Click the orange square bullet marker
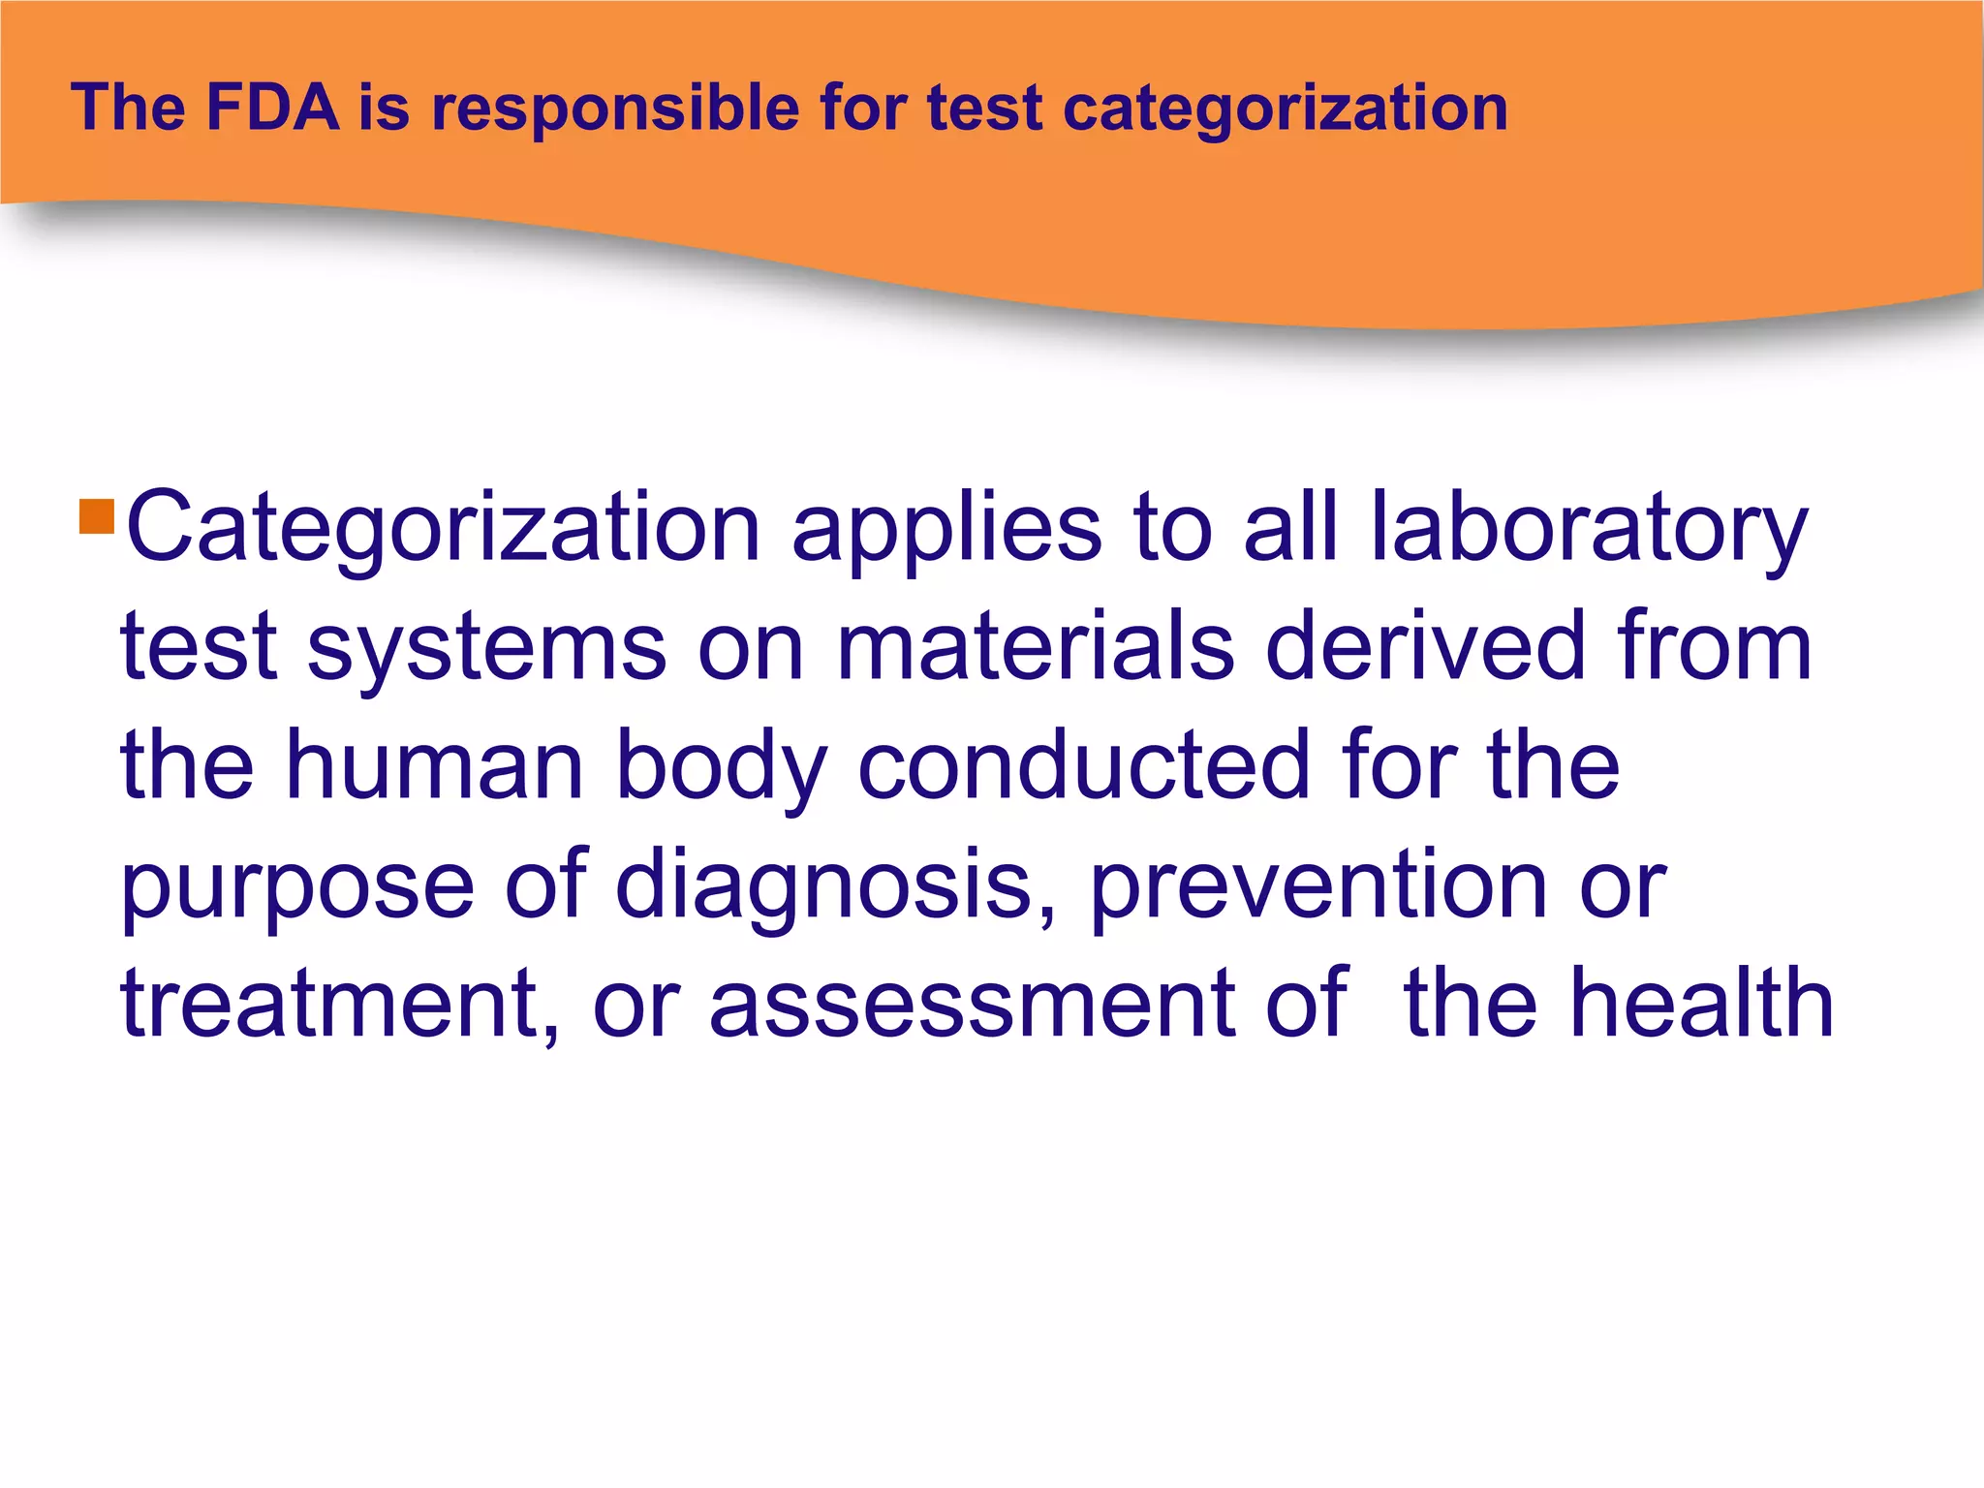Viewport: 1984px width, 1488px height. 97,516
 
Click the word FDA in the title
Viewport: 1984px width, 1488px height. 272,108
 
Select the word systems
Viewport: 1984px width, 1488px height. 486,647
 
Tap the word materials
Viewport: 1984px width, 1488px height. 1035,647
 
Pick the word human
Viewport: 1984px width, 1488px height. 435,765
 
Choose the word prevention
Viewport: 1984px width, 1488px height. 1319,885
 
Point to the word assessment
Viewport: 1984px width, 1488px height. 973,1004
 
